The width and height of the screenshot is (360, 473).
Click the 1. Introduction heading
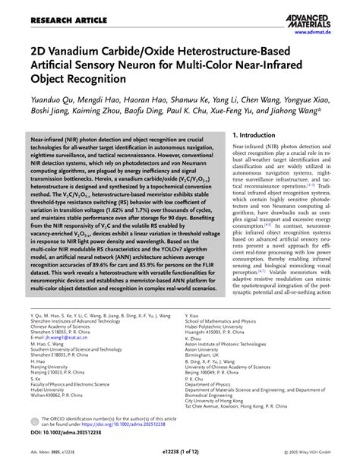(x=262, y=136)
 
